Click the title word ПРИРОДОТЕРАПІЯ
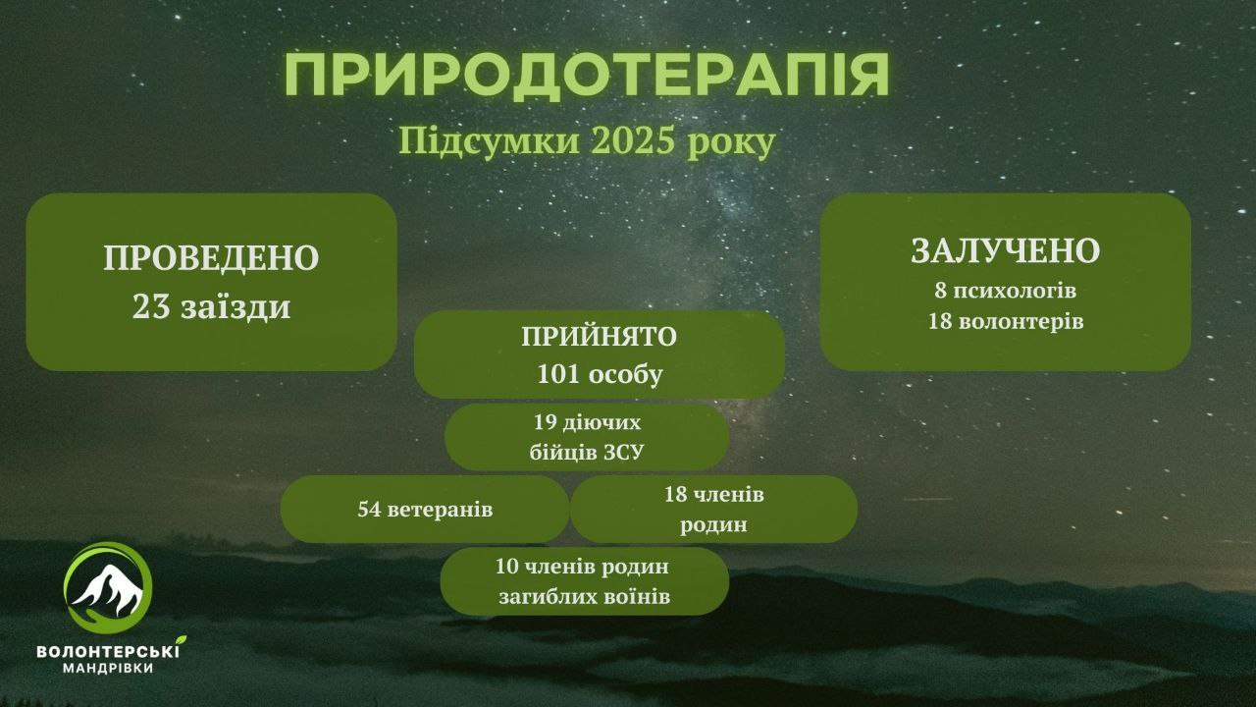(587, 76)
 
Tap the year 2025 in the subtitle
(632, 142)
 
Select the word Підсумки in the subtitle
(489, 142)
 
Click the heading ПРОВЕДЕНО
(211, 258)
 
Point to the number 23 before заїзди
(151, 307)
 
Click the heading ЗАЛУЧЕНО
(1006, 251)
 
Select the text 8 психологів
(1006, 292)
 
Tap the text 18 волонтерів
(1006, 321)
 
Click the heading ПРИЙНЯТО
(599, 337)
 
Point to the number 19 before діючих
(544, 422)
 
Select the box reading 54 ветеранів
(425, 509)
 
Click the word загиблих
(538, 596)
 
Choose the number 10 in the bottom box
(507, 567)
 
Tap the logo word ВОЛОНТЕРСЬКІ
(108, 652)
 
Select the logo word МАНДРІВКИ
(108, 669)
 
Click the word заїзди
(235, 307)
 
